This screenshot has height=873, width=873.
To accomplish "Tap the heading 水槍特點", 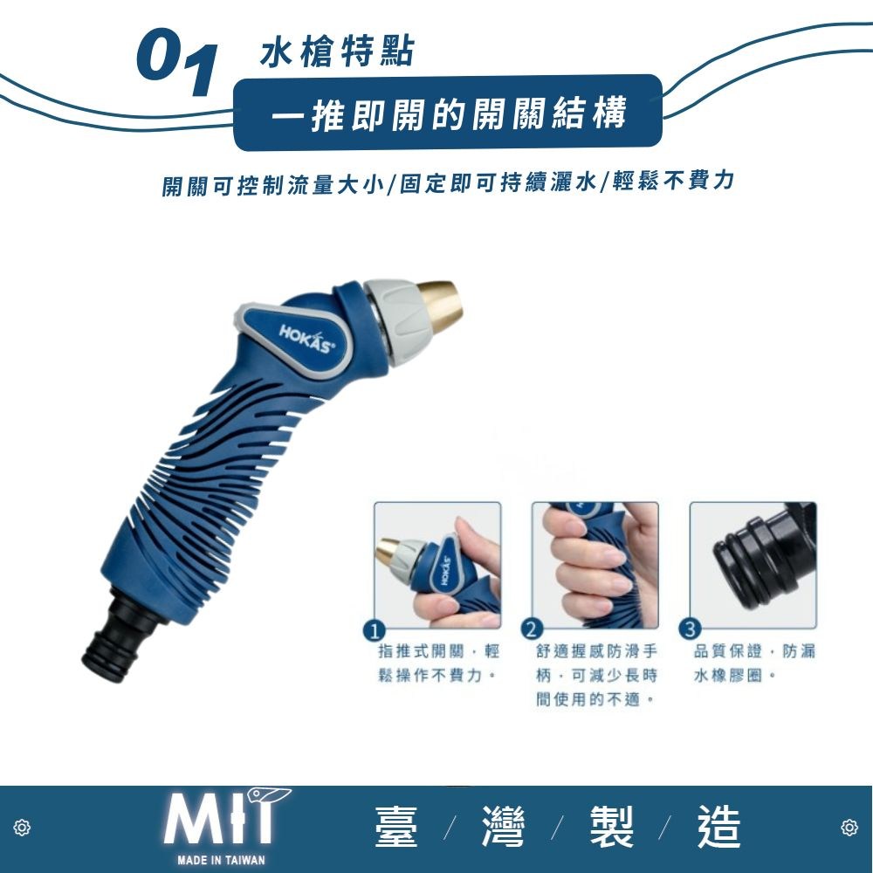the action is coord(337,53).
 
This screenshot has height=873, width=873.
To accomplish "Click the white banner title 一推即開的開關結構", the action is coord(449,113).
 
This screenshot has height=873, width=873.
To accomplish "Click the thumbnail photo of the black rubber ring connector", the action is coord(753,565).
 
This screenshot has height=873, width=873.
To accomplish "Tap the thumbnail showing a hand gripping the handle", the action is coord(595,565).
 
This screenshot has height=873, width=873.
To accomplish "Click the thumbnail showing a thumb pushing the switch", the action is coord(437,565).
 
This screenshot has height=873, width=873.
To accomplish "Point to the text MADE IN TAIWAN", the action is coord(221,860).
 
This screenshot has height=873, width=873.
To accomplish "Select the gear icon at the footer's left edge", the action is coord(23,828).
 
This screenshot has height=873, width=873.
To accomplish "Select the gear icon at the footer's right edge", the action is coord(849,828).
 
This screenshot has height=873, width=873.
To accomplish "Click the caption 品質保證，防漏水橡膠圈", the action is coord(754,663).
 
